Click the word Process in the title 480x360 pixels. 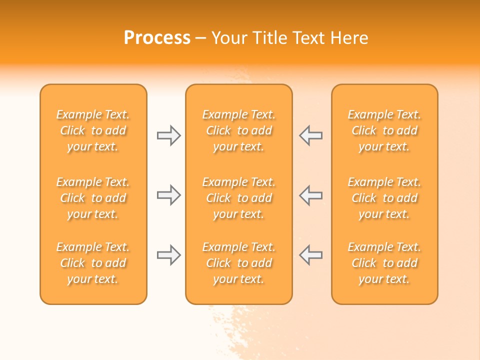point(157,38)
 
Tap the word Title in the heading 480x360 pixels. point(270,38)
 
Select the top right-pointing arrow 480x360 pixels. point(168,135)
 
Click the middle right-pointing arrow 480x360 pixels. point(168,195)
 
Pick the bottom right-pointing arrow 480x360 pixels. point(168,255)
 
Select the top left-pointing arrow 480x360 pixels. point(311,135)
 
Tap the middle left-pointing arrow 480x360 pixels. point(311,195)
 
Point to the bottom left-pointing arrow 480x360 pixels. point(311,255)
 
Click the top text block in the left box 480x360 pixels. point(93,130)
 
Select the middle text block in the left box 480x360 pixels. point(93,198)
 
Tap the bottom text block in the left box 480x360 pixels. point(93,263)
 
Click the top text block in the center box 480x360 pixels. point(239,130)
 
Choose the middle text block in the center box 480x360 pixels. point(239,198)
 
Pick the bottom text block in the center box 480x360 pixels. point(239,263)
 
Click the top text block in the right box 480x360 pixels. point(384,130)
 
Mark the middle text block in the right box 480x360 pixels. point(384,198)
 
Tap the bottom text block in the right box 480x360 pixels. point(384,263)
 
